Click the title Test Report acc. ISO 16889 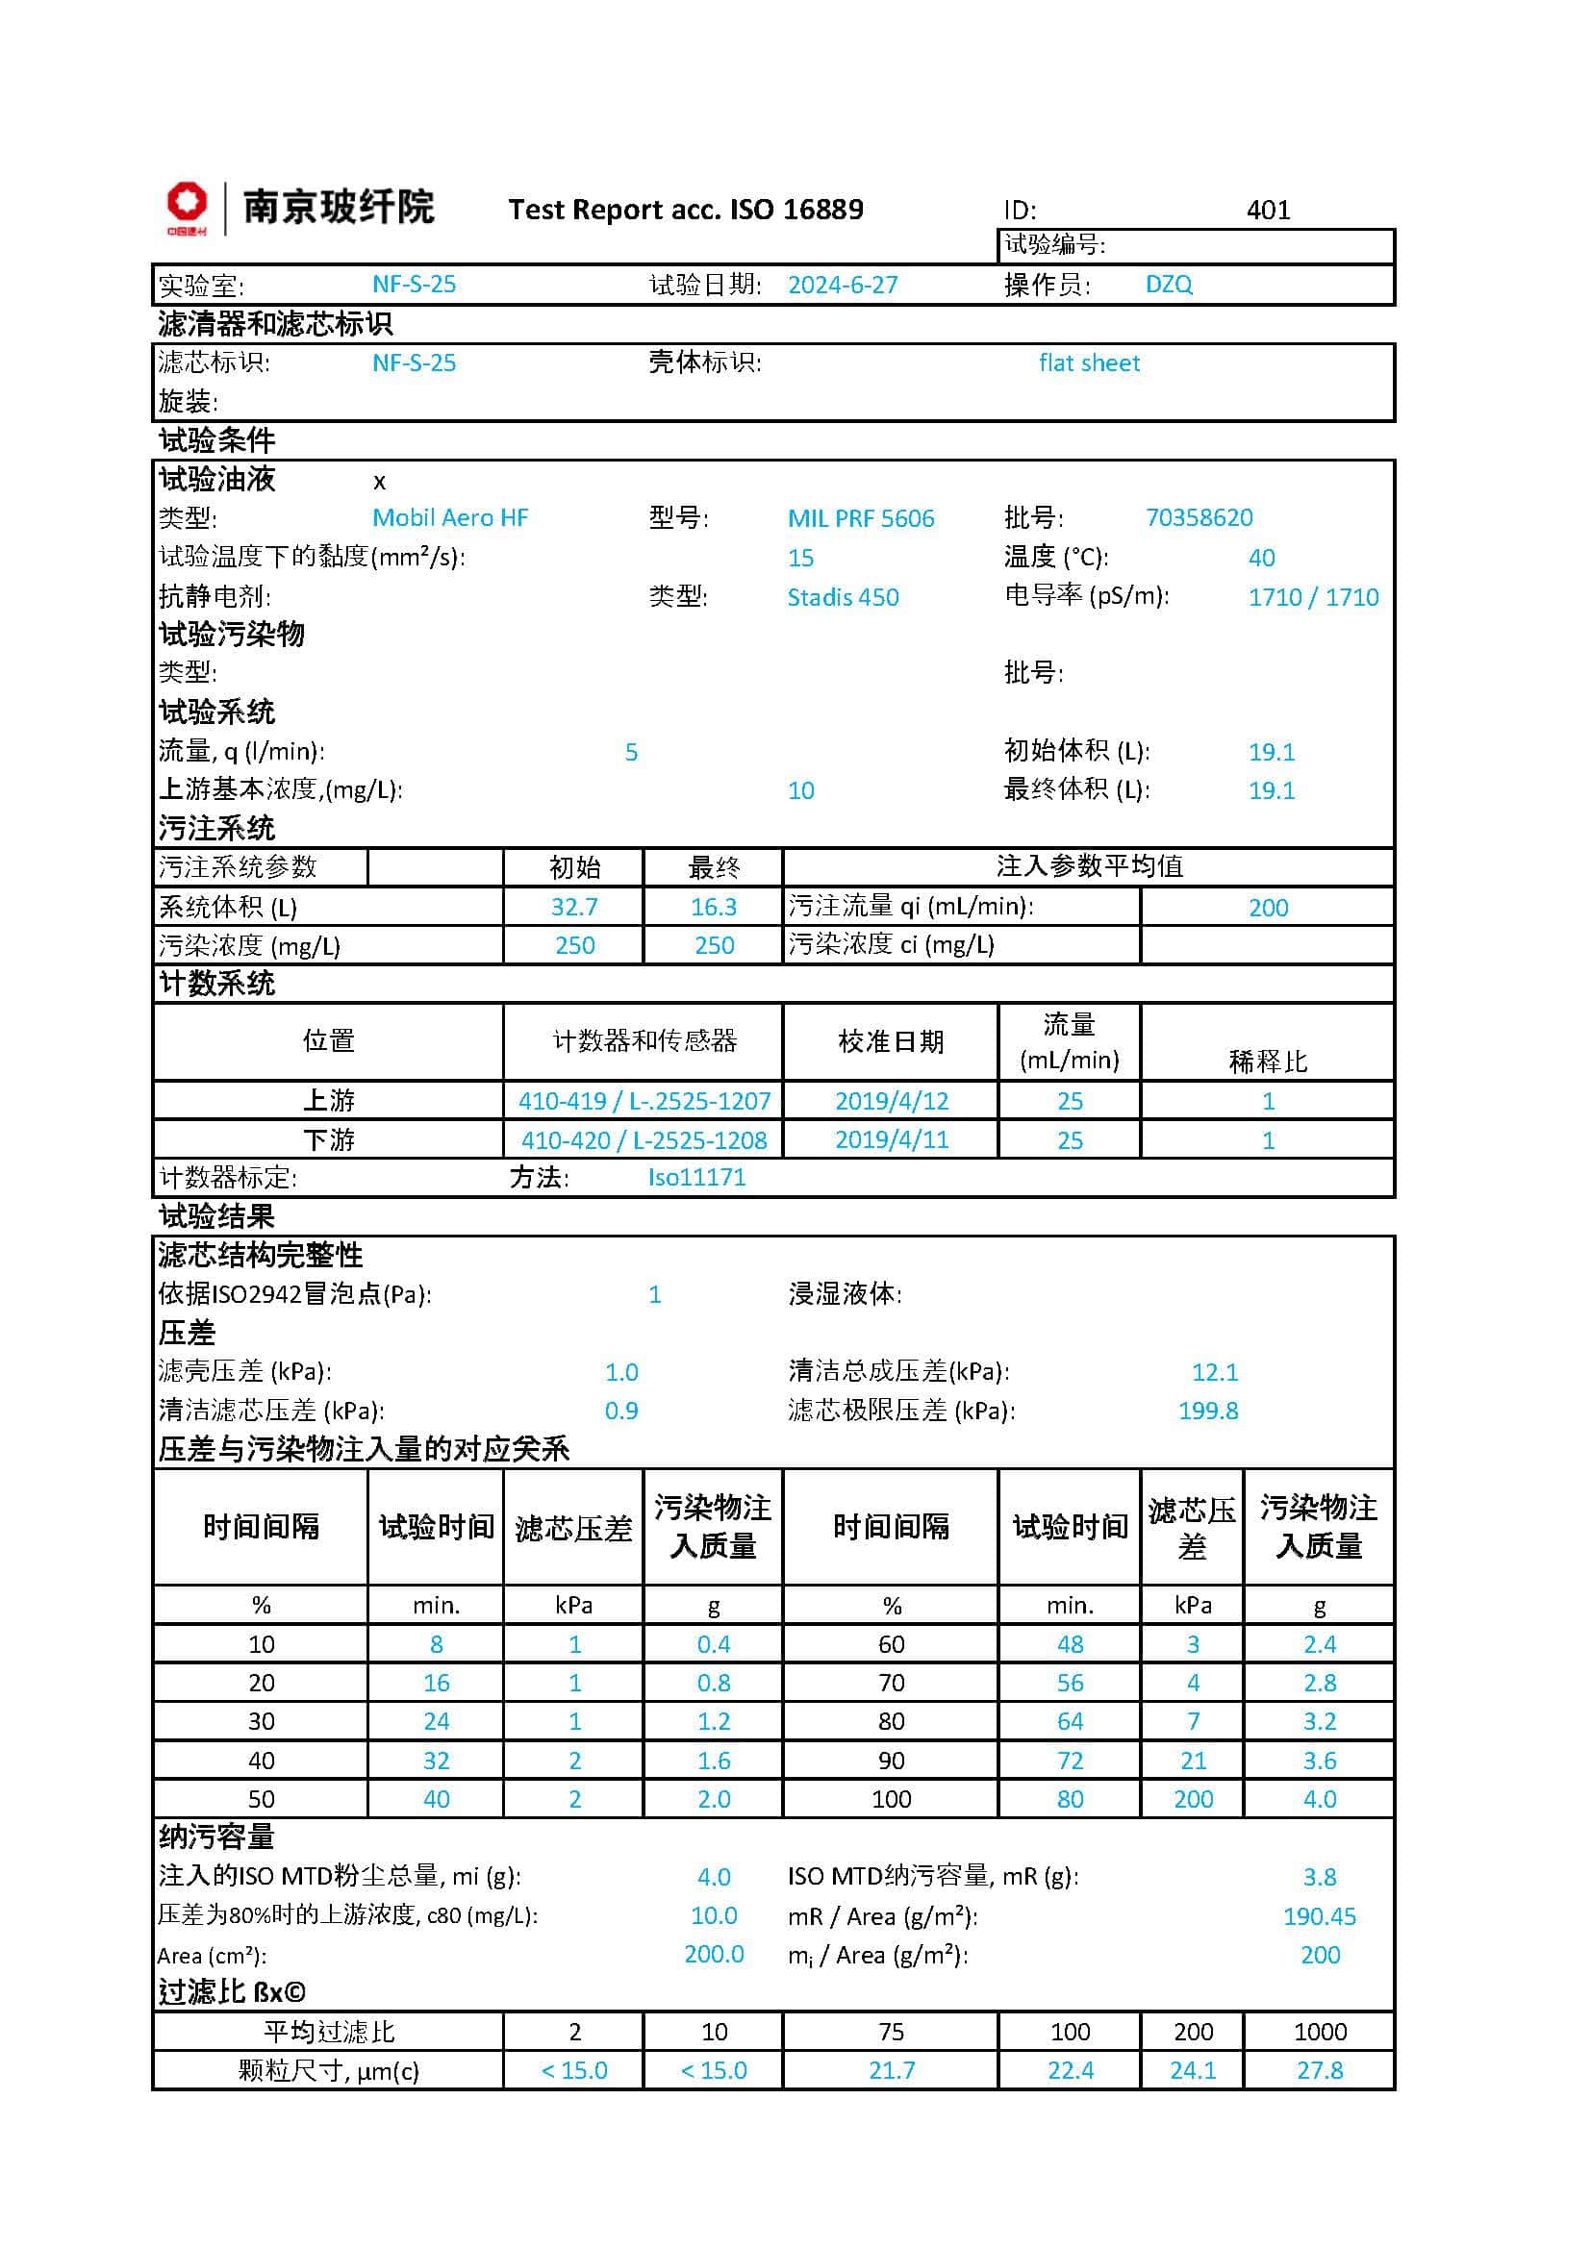685,210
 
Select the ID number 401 1268,210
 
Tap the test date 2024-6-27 842,285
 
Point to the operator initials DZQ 1168,285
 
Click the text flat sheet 1089,363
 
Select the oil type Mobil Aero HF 449,518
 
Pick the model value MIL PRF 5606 860,518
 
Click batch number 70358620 1199,517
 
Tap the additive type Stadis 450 843,596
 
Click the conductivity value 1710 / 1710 1313,596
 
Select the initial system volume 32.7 574,907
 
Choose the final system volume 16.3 713,907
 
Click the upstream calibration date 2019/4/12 891,1101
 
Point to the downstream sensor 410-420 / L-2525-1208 644,1140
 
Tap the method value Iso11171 696,1178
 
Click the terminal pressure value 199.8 1208,1411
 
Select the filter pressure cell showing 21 1192,1761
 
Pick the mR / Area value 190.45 1319,1916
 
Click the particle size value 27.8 1319,2071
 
